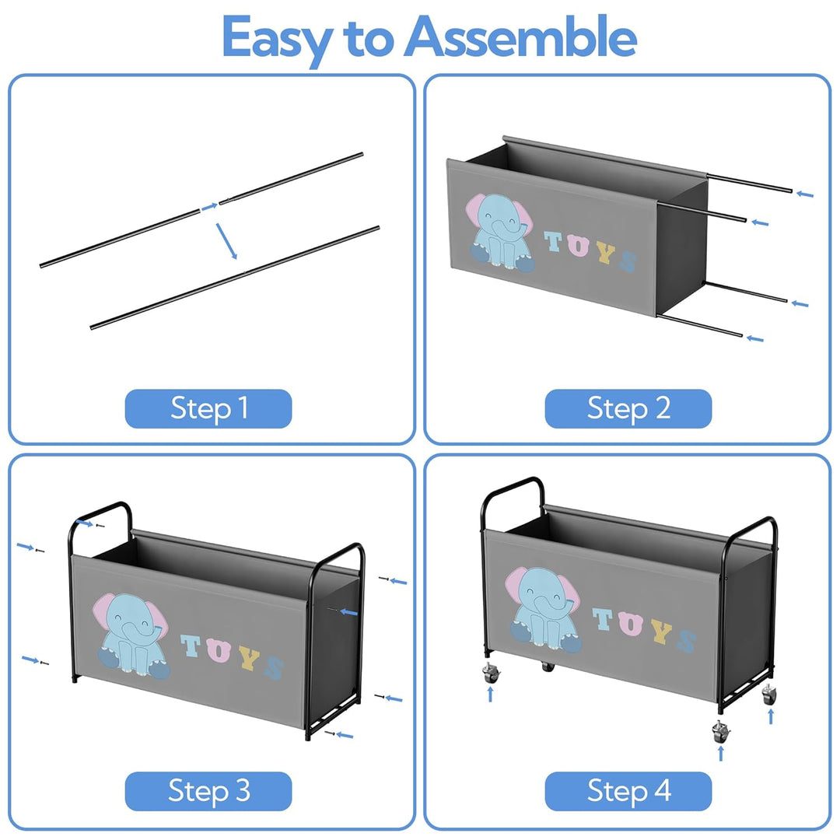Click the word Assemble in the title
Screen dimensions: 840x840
520,37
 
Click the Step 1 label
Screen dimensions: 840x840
208,409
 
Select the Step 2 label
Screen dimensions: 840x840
628,409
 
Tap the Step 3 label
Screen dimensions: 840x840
208,791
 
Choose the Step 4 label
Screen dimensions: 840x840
628,791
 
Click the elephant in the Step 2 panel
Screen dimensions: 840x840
500,232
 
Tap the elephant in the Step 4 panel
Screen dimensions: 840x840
543,610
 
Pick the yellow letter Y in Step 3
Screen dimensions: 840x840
249,658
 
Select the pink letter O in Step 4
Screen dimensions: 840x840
630,623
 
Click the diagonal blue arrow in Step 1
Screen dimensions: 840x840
226,241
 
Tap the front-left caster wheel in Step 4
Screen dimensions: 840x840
491,673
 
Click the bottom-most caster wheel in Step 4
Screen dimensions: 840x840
720,732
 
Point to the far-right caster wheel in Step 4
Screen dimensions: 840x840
768,695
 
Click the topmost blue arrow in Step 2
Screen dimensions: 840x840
805,194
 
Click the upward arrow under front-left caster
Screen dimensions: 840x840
490,695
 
